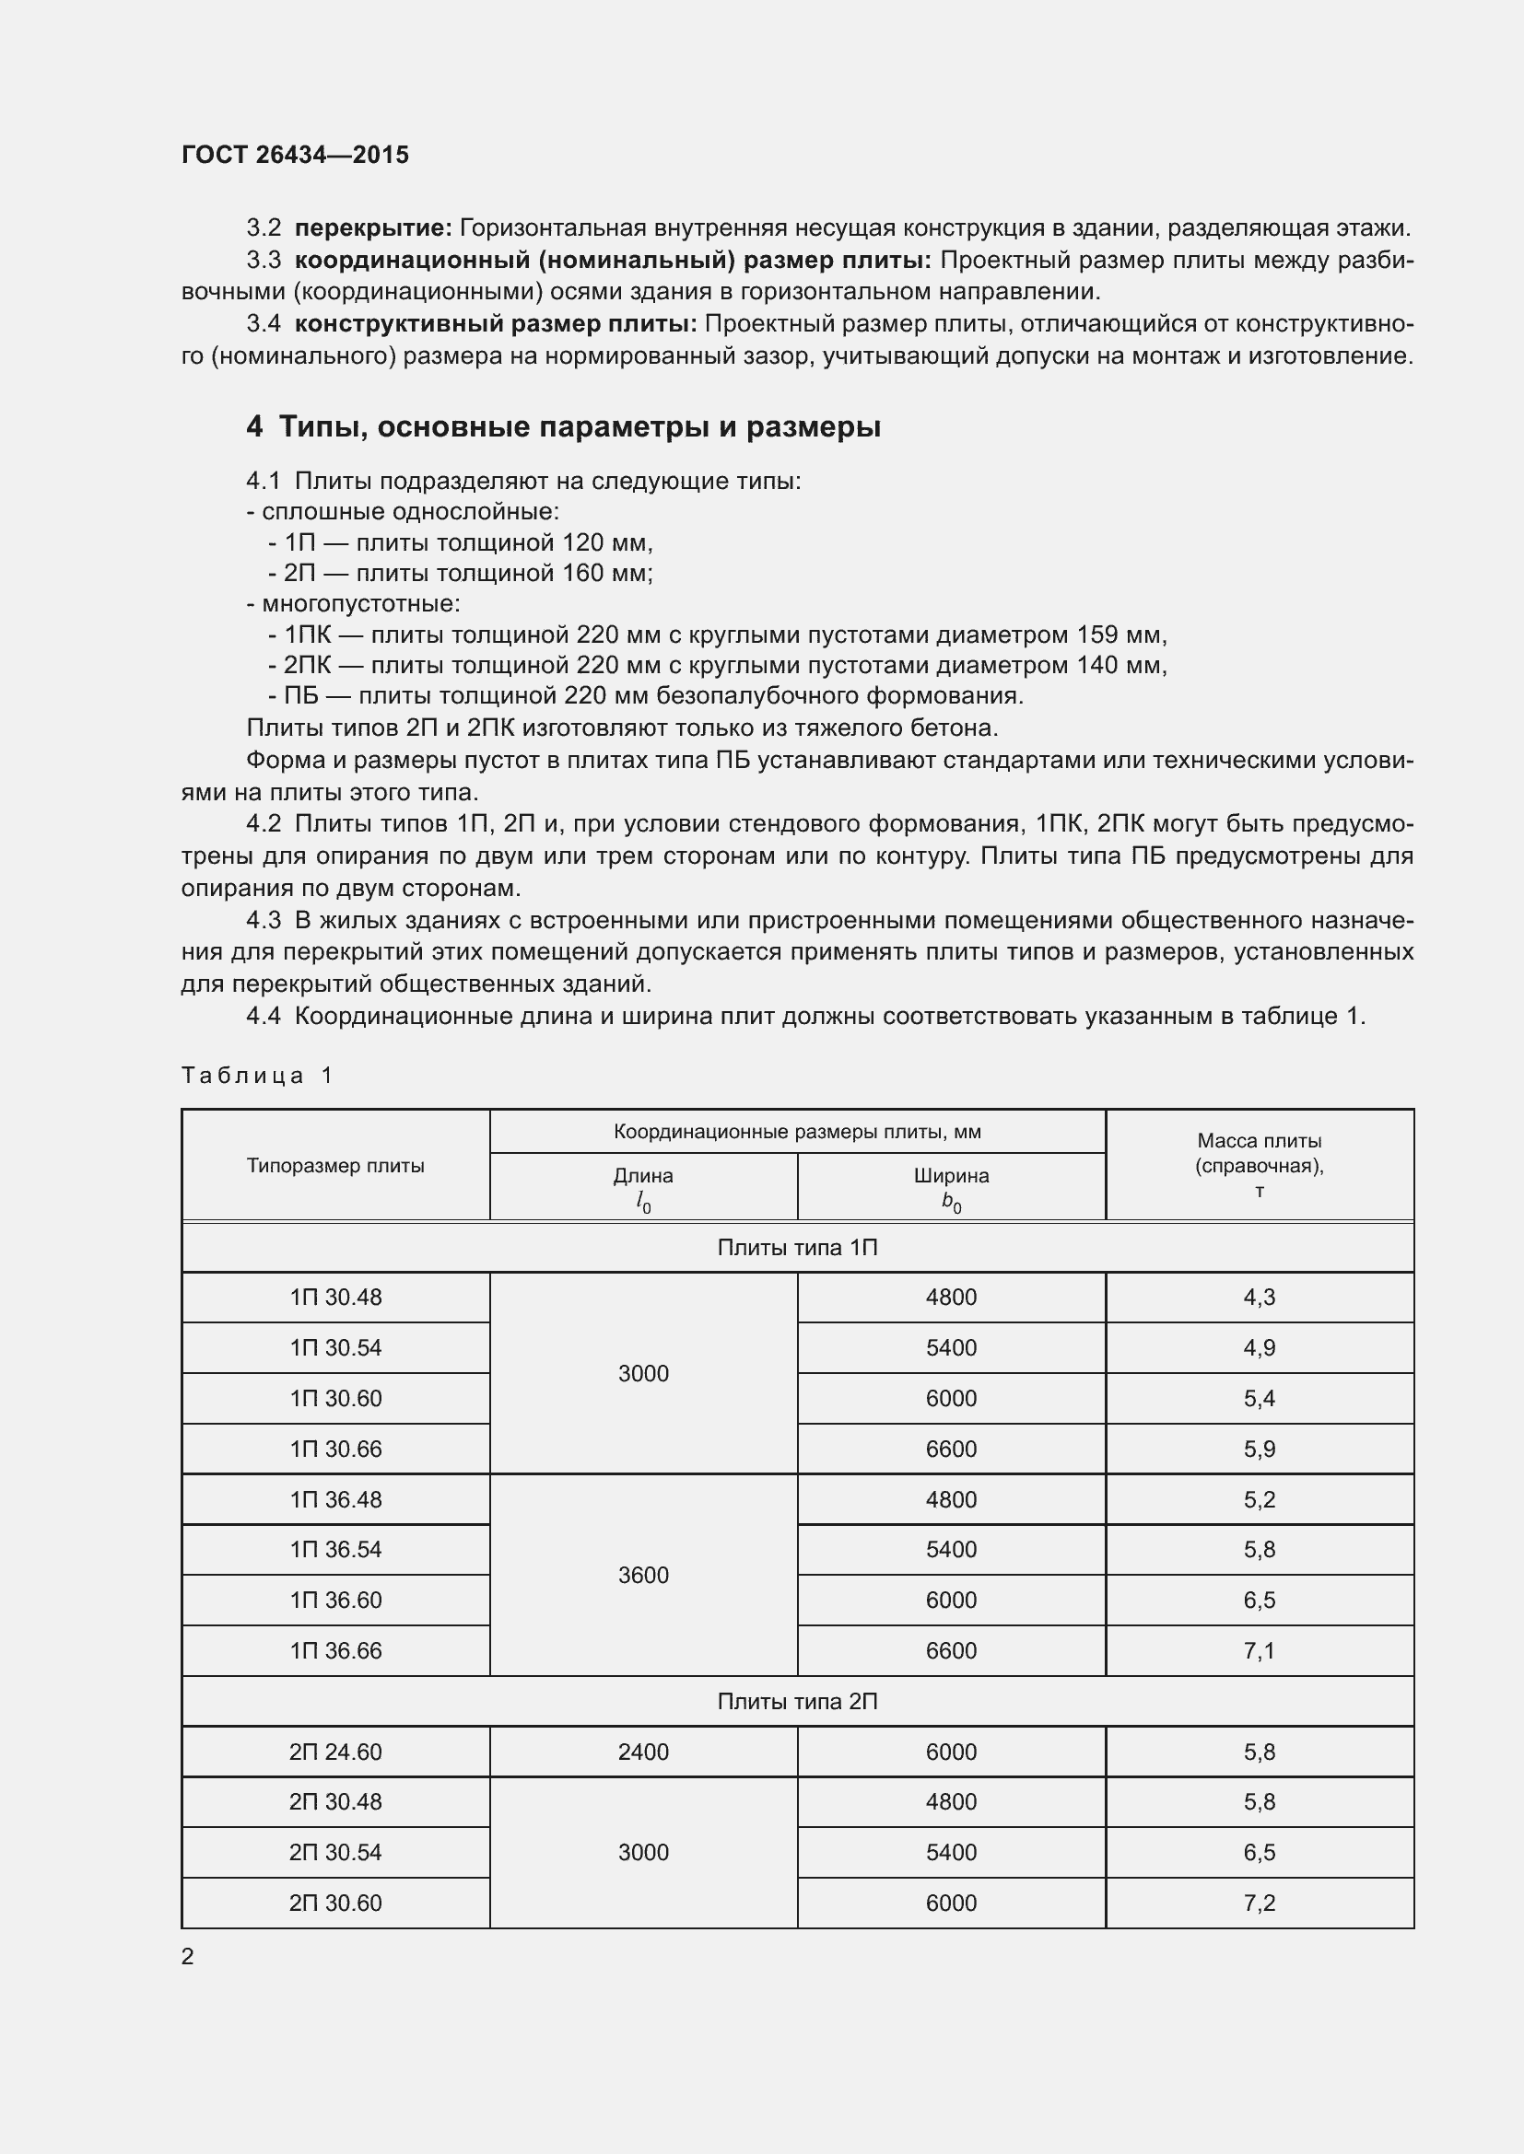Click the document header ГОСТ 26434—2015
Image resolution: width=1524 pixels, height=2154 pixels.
tap(295, 155)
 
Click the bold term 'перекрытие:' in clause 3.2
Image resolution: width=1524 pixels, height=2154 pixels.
tap(373, 228)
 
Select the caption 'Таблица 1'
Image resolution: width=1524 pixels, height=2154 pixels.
tap(257, 1075)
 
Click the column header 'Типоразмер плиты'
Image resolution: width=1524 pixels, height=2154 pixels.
tap(335, 1165)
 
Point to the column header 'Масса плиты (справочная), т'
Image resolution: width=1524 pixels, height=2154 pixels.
tap(1259, 1165)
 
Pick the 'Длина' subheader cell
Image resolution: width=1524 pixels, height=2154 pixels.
tap(643, 1187)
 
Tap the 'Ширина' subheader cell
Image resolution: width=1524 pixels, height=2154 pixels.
tap(951, 1187)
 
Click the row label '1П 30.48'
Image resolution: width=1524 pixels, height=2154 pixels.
tap(335, 1298)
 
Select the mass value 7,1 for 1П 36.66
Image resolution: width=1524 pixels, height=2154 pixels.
tap(1259, 1650)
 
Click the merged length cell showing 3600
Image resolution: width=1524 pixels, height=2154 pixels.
tap(643, 1575)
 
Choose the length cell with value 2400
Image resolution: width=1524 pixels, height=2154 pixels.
tap(643, 1752)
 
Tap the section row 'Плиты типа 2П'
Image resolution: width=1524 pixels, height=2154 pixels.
tap(797, 1701)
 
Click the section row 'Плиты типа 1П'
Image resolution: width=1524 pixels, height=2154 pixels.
tap(797, 1247)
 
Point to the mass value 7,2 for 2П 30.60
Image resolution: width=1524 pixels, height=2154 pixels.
tap(1259, 1903)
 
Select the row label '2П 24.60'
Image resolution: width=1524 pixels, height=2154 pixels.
tap(335, 1752)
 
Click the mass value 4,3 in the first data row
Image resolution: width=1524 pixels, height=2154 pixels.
tap(1259, 1298)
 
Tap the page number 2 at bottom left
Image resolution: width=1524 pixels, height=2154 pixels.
tap(188, 1956)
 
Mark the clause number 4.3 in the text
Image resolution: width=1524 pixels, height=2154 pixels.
tap(264, 920)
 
